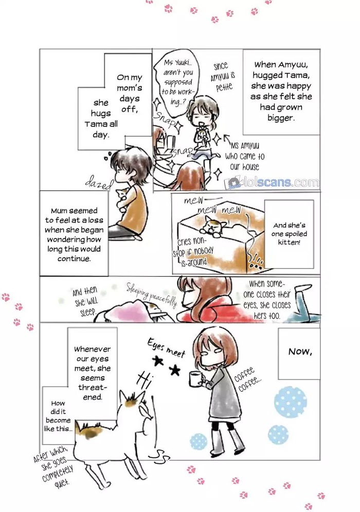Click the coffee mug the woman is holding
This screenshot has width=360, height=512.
pos(195,377)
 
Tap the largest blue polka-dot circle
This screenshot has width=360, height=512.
pos(291,401)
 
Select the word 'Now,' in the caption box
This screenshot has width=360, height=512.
pos(300,352)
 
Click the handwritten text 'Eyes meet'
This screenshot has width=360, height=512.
pos(166,348)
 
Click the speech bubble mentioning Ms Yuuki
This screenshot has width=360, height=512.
pos(177,82)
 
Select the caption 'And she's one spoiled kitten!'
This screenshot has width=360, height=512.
pos(289,234)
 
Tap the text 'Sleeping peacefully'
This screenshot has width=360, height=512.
pos(152,295)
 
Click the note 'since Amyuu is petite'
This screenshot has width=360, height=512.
pos(223,77)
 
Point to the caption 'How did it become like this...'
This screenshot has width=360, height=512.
pos(58,416)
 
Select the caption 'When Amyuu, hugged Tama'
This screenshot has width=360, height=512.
pos(281,91)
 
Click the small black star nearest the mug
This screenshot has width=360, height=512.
pos(175,370)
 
